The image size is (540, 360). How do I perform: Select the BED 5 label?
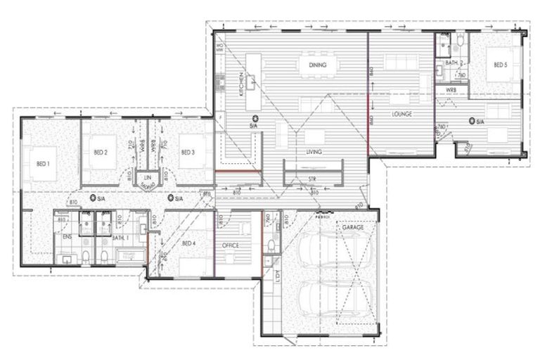point(499,65)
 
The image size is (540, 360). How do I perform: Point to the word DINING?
point(319,65)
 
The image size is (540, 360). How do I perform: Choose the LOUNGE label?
point(401,113)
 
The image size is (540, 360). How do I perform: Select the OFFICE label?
point(230,245)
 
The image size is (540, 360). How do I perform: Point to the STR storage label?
point(313,179)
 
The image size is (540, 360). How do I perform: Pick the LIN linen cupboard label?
point(148,178)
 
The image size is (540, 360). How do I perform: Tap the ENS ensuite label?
point(67,238)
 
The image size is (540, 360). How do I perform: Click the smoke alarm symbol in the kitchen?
point(255,117)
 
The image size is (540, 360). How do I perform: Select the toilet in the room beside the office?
point(271,245)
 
